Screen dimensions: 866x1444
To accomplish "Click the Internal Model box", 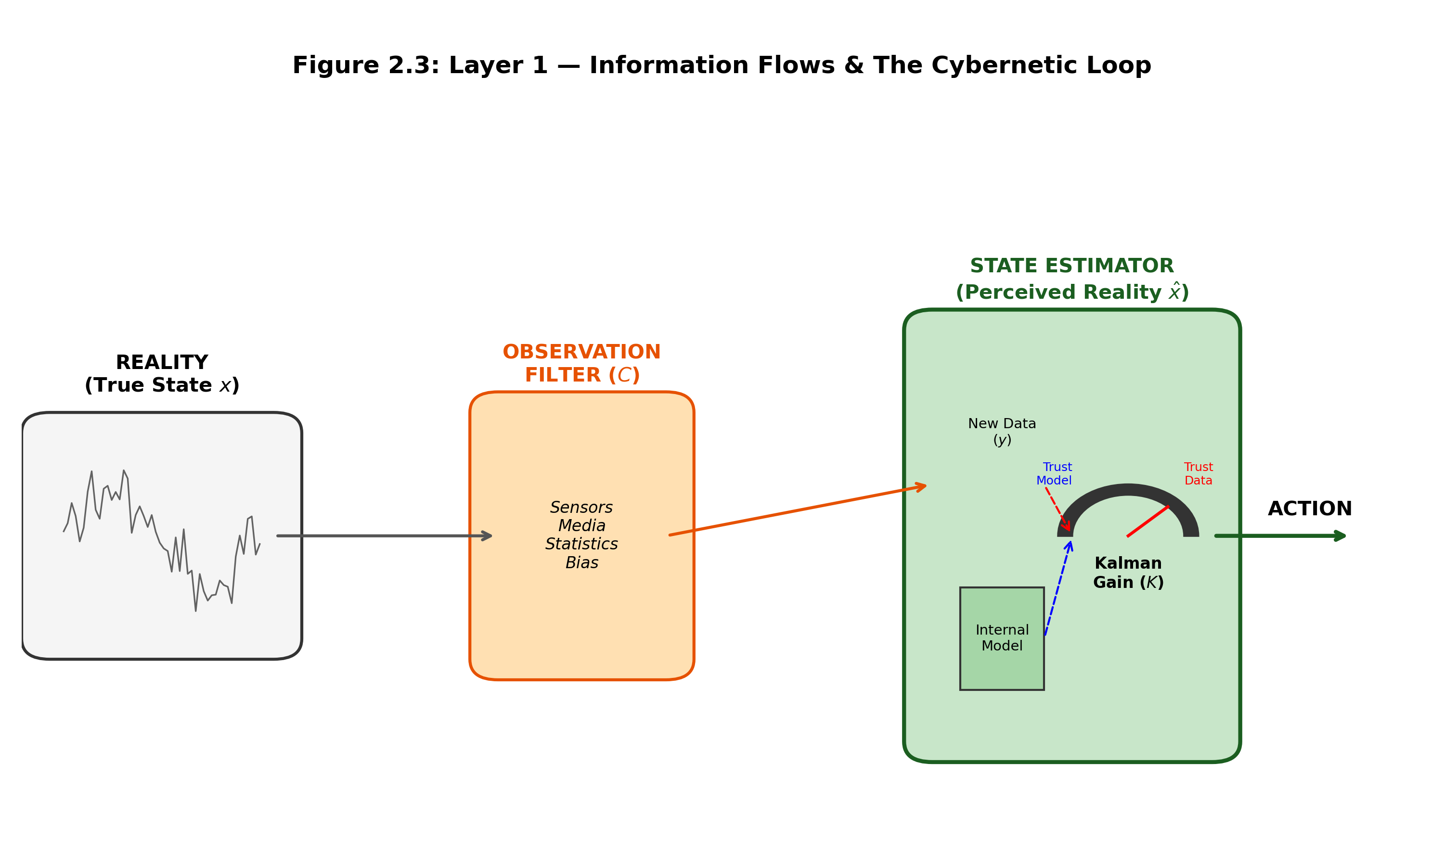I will (x=1002, y=638).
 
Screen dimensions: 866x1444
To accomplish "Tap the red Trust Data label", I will (x=1198, y=474).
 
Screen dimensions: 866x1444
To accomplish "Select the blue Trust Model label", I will (x=1054, y=474).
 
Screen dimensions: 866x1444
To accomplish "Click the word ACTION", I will (x=1310, y=509).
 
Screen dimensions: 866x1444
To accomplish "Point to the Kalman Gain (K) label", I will (x=1128, y=573).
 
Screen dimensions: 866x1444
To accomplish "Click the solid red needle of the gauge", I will (x=1148, y=521).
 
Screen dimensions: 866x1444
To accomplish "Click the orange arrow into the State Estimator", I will (x=797, y=510).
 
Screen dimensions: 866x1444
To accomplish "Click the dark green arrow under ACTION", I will (x=1278, y=535).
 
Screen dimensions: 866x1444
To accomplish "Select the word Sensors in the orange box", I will (x=581, y=507).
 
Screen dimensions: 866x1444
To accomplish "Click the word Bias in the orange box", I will (x=581, y=562).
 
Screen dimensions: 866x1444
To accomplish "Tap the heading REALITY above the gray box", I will (x=162, y=362).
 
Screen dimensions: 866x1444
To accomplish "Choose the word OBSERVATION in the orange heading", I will (x=581, y=352).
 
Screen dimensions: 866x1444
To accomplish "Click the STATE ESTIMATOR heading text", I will (x=1071, y=266).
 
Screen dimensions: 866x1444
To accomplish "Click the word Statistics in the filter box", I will (x=581, y=544).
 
